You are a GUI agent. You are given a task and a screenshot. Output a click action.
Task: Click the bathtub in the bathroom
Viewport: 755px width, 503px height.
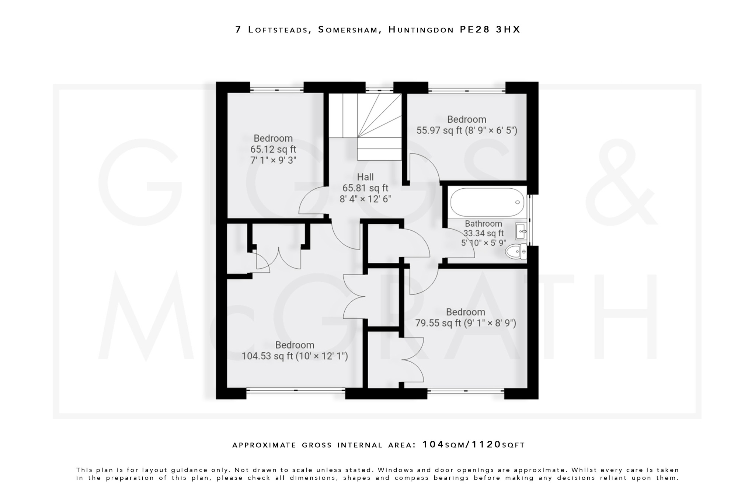coord(487,202)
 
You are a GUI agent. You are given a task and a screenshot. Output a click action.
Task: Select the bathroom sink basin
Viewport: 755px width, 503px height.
coord(521,232)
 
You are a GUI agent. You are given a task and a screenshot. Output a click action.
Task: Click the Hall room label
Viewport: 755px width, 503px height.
coord(365,177)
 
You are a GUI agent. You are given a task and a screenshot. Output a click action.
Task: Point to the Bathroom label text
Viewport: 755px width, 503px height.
coord(483,224)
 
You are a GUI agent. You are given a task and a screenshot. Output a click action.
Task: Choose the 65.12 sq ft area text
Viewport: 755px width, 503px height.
coord(273,149)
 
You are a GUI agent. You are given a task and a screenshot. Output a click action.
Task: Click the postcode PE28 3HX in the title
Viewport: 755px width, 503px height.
coord(490,29)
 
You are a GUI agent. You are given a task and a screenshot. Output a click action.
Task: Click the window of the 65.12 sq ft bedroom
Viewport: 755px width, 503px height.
coord(277,89)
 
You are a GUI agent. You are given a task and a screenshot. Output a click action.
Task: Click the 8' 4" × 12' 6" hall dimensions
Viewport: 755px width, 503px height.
coord(365,199)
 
